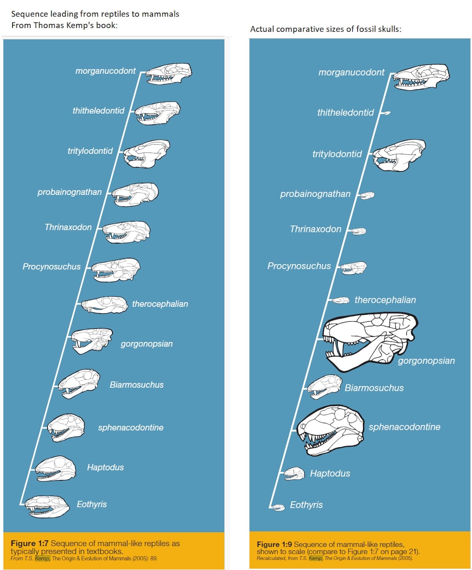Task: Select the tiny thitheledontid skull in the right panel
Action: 387,113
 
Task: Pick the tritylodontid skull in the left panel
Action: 147,154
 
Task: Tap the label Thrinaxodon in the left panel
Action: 68,227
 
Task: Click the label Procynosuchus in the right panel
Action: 299,266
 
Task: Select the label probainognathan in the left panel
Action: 70,192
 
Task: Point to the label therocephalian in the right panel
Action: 385,300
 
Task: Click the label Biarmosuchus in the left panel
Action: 136,385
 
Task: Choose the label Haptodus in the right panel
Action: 330,473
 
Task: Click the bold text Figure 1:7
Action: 29,543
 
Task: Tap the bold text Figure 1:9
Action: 274,544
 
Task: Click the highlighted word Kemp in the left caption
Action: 42,558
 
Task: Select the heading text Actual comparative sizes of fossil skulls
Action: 326,29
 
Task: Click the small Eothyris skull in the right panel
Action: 278,507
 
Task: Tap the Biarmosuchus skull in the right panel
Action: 324,386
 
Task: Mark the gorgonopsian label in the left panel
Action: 147,344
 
